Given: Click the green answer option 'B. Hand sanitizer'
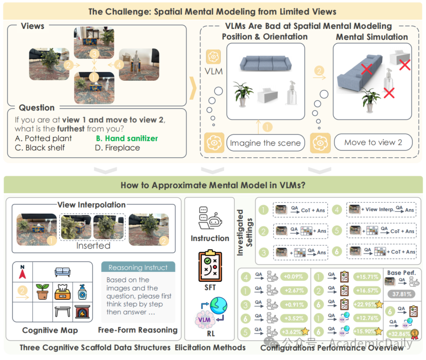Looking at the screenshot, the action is point(127,138).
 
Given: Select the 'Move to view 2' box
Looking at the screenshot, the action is point(373,142).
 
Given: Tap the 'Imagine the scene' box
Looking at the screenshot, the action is point(265,143).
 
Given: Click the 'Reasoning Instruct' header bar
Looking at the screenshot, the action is point(138,267).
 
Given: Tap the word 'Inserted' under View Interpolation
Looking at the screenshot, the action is point(93,245).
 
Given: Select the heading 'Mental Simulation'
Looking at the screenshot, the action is point(372,37).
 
